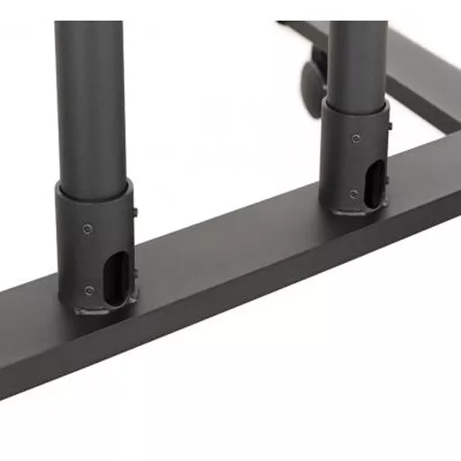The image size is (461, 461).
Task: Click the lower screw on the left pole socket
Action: point(87,289)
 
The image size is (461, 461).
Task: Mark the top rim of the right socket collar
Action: point(358,109)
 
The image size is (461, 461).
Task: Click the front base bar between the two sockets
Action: point(234,261)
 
